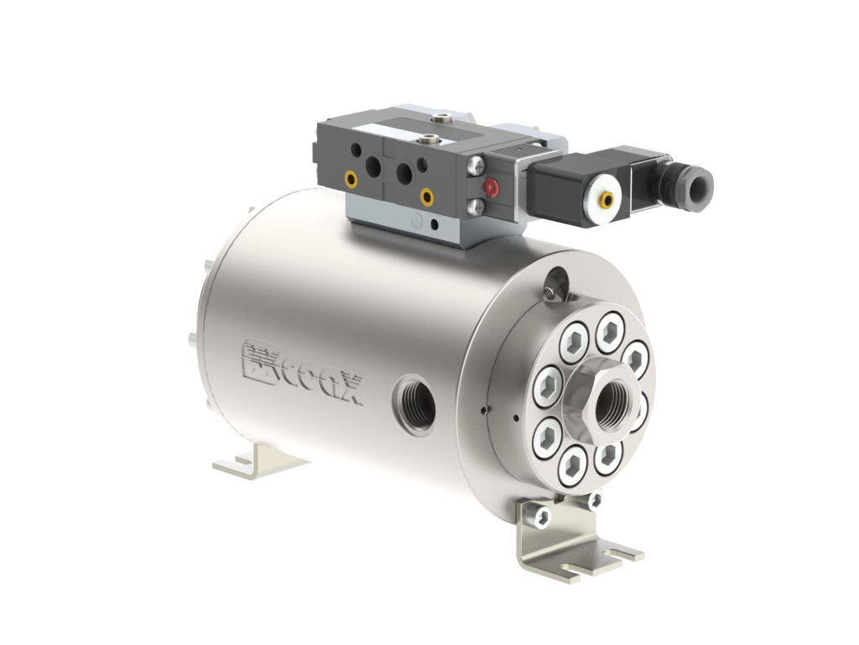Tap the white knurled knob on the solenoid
tap(605, 199)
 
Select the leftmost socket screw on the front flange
tap(549, 385)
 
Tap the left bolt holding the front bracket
tap(541, 514)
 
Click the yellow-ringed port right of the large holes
tap(427, 198)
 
